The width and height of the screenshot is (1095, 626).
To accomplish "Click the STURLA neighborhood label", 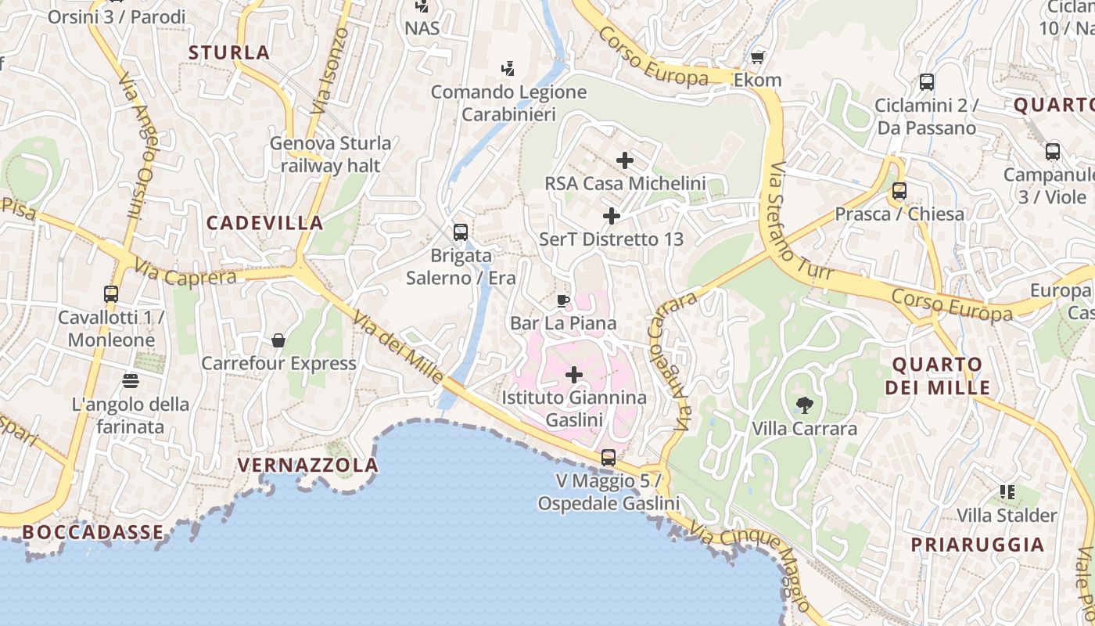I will [229, 53].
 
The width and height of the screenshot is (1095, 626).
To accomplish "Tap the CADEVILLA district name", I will [264, 223].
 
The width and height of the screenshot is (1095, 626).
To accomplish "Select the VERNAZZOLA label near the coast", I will [307, 466].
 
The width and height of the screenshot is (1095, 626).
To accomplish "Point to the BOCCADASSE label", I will [93, 532].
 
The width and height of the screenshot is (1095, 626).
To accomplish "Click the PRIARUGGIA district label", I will [977, 545].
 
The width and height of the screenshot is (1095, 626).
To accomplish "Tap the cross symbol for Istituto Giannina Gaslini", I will [574, 375].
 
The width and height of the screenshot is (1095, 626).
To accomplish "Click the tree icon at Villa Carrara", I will [803, 405].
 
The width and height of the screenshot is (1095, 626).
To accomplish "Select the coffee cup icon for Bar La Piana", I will [562, 300].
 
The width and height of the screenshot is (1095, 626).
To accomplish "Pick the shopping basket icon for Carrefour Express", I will [278, 340].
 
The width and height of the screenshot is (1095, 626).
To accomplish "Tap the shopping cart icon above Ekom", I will [757, 57].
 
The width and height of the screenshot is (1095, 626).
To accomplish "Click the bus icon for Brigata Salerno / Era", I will [461, 232].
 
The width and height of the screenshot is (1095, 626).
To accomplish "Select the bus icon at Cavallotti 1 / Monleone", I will [111, 294].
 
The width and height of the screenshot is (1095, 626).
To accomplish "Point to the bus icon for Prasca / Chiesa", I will [899, 190].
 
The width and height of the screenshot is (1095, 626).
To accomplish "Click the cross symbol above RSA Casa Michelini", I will [625, 160].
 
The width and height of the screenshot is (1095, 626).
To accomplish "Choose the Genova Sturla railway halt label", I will [330, 154].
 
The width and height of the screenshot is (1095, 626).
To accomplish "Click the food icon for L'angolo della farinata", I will [130, 380].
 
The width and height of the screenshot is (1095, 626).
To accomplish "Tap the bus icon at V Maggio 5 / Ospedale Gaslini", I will [609, 457].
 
